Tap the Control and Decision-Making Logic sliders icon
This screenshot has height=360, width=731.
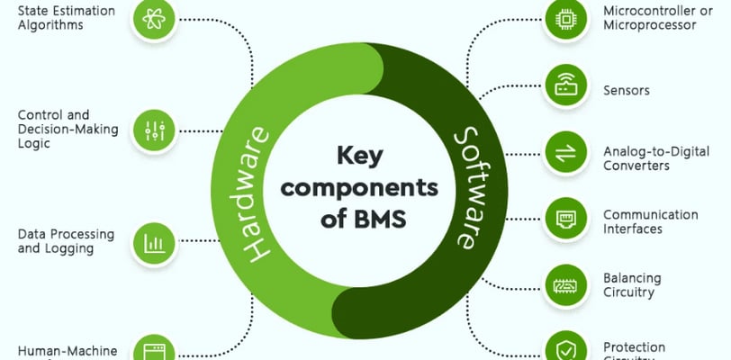152,130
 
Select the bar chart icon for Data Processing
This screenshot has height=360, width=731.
152,242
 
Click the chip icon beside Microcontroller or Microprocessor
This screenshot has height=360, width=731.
566,16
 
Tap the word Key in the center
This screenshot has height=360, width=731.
361,157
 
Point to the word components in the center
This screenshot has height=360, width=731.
365,188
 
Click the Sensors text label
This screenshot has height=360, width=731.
627,91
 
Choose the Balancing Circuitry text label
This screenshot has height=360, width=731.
633,284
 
